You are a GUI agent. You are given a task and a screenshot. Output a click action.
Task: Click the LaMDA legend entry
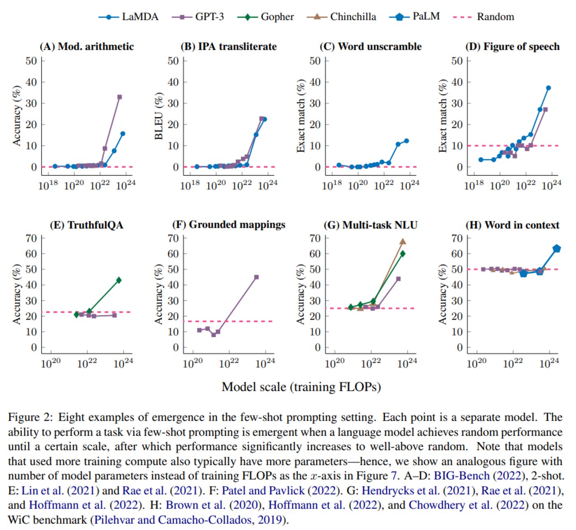128,17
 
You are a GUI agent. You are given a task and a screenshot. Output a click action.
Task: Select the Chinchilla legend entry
341,17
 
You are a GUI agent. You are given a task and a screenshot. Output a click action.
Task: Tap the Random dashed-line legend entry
483,17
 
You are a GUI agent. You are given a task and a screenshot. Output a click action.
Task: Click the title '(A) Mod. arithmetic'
87,47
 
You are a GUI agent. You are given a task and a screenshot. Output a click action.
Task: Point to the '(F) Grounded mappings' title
229,225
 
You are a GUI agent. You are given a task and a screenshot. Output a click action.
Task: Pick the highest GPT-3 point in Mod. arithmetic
120,97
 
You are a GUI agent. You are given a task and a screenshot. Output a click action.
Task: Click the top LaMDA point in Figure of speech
548,88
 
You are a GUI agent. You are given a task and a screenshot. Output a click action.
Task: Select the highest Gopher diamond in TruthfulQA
119,280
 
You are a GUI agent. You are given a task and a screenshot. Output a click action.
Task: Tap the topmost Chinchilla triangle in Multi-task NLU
403,242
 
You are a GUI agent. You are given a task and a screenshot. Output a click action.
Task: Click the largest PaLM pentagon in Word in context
557,248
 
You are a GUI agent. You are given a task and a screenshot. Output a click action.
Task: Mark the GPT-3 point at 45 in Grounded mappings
256,277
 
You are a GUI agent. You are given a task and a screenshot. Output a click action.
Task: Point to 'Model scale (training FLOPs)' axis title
301,387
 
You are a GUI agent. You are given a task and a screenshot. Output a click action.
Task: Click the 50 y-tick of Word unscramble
315,61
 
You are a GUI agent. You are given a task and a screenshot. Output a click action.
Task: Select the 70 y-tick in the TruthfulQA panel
31,238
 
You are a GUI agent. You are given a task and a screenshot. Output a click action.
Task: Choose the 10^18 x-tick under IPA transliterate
190,185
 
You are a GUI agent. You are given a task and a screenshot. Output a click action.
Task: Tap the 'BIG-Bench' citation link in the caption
462,476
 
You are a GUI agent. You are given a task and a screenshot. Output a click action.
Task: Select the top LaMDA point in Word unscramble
406,141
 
